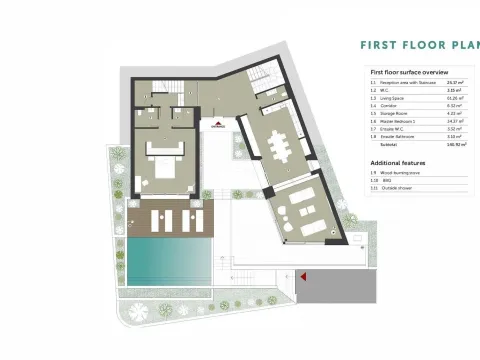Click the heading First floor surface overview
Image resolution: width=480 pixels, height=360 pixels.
(408, 73)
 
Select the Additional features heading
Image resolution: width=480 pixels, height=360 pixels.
(399, 162)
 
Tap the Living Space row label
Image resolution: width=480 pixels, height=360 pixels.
(397, 99)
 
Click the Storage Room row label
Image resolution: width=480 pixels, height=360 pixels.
(398, 114)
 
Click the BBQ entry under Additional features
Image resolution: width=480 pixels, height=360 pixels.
(390, 180)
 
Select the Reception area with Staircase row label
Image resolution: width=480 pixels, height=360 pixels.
(411, 84)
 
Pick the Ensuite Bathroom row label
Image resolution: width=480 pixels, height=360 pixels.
(401, 137)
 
